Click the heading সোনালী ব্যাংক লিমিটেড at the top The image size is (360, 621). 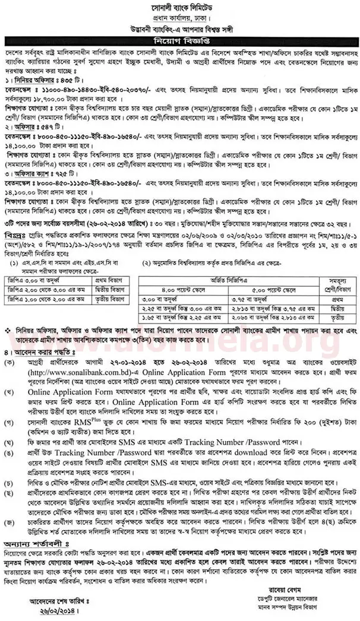click(x=179, y=7)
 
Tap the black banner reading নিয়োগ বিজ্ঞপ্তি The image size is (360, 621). click(x=179, y=42)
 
